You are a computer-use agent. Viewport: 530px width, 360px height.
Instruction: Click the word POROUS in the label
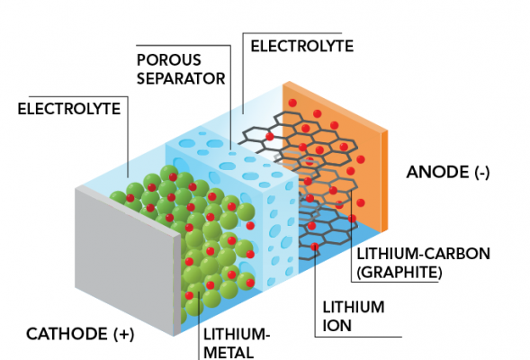168,60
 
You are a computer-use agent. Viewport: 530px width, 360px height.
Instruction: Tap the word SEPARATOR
181,79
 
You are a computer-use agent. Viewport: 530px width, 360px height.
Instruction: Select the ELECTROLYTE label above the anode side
301,46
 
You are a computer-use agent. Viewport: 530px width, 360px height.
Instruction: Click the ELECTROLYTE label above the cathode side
69,109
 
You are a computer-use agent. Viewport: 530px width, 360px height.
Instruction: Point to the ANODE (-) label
448,172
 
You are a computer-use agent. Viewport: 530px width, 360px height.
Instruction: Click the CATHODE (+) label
80,334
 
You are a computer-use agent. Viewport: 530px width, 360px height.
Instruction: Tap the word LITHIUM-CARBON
423,254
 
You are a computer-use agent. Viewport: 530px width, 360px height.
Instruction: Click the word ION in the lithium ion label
337,326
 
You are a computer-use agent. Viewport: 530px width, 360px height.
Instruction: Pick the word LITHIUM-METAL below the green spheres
237,344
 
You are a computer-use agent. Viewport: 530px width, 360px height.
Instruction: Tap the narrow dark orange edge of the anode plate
384,181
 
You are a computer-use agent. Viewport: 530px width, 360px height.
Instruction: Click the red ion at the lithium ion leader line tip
315,247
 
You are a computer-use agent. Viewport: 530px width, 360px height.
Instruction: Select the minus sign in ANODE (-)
482,173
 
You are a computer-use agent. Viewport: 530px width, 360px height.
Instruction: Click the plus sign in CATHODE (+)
122,334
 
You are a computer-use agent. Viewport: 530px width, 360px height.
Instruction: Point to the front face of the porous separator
280,229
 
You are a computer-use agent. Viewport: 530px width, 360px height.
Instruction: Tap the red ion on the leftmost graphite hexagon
269,137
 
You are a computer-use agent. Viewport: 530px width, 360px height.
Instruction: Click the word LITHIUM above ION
354,307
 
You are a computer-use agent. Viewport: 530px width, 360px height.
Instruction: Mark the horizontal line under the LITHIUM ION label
358,337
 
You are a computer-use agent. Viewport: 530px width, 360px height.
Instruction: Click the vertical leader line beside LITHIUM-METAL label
200,325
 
